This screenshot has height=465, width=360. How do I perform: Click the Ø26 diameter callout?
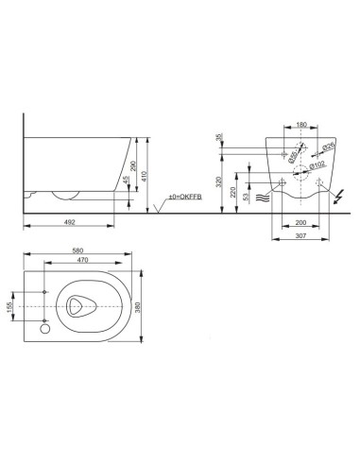point(327,146)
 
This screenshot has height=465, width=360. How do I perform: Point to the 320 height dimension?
point(218,180)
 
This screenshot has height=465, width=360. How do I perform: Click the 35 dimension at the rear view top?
point(219,138)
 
